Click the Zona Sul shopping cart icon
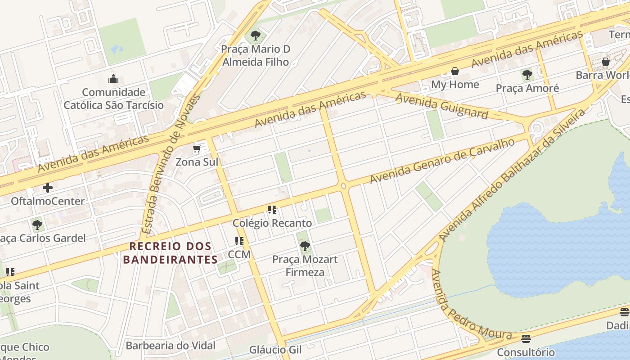tap(197, 149)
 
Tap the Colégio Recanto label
tap(272, 223)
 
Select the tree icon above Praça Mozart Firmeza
tap(305, 246)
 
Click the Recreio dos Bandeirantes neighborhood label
tap(171, 253)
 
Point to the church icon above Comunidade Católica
tap(113, 79)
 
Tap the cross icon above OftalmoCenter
tap(48, 188)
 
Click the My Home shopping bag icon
tap(455, 71)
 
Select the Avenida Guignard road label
tap(441, 106)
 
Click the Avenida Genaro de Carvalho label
tap(442, 161)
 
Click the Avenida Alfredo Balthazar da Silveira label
tap(511, 176)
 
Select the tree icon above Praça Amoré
tap(527, 75)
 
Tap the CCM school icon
tap(239, 241)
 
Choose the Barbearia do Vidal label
tap(171, 346)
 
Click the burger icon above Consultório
tap(526, 339)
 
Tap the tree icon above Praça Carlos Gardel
tap(37, 225)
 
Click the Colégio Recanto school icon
tap(272, 210)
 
